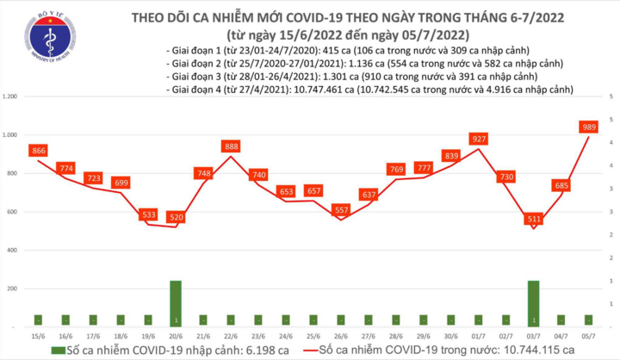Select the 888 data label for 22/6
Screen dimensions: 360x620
pyautogui.click(x=230, y=146)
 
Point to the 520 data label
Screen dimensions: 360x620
pyautogui.click(x=176, y=218)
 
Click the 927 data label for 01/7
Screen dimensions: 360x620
pyautogui.click(x=480, y=139)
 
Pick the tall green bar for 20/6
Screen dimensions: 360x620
pyautogui.click(x=176, y=303)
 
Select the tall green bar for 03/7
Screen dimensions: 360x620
pyautogui.click(x=534, y=303)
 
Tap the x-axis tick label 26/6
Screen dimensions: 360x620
pyautogui.click(x=340, y=334)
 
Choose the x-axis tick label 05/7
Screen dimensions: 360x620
pyautogui.click(x=588, y=334)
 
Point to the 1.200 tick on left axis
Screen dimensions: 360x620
pyautogui.click(x=11, y=96)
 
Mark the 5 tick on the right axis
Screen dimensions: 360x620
pyautogui.click(x=611, y=96)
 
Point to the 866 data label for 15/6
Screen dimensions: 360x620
pyautogui.click(x=38, y=150)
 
